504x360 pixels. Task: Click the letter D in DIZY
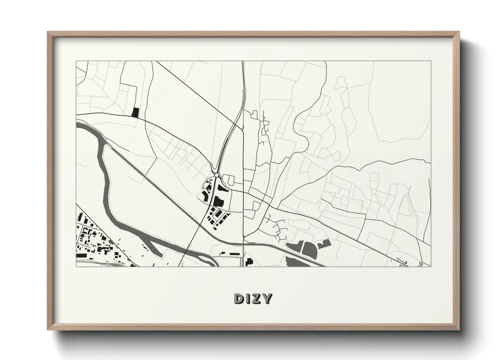239,298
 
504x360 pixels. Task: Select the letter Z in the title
256,298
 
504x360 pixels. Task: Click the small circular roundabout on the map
217,175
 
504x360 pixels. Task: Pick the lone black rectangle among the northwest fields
136,113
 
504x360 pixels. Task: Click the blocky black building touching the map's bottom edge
249,262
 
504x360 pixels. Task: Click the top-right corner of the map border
431,61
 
